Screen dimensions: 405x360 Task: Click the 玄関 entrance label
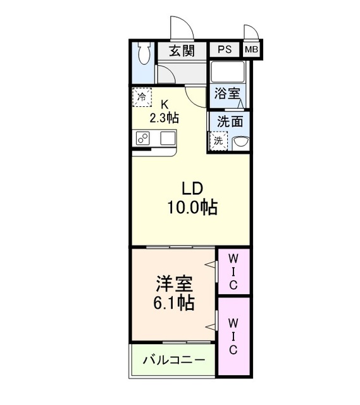point(181,51)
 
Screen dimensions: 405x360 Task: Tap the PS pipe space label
point(225,50)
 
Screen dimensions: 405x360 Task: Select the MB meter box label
point(251,50)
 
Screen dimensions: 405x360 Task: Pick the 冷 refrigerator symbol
point(142,97)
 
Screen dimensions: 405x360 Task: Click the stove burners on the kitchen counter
point(142,139)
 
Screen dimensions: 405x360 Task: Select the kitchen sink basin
point(168,138)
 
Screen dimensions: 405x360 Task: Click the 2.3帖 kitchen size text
point(164,118)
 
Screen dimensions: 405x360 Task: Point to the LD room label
point(192,188)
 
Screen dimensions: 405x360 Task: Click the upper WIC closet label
point(233,272)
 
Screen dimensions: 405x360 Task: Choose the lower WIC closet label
point(233,335)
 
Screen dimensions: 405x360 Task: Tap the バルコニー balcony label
point(173,360)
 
